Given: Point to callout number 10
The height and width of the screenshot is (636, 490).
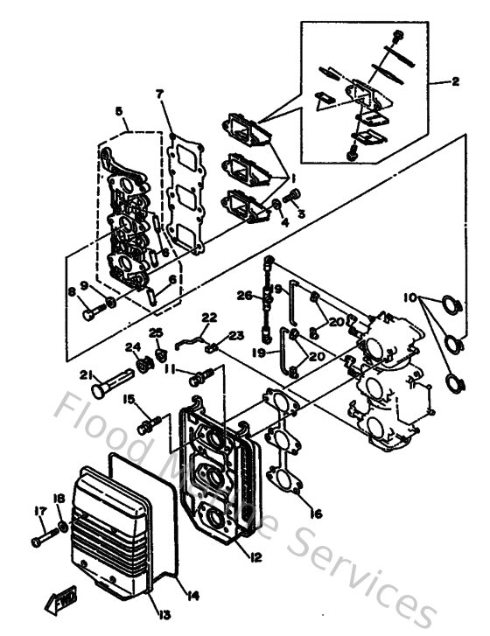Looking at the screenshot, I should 409,297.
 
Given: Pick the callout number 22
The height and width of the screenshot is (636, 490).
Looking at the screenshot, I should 208,317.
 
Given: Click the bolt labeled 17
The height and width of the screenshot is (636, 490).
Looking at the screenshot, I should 42,541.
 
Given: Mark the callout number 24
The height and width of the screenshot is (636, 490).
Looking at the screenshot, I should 133,347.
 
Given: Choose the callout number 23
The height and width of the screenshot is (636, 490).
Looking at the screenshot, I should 237,335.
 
